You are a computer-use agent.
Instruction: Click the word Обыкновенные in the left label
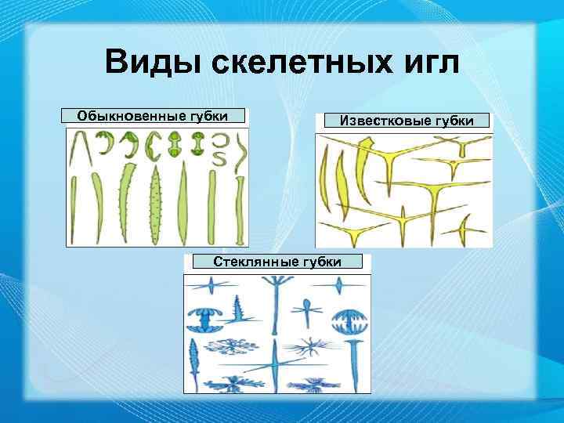pos(129,117)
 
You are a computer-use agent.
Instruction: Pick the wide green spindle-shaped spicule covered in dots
pos(154,205)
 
